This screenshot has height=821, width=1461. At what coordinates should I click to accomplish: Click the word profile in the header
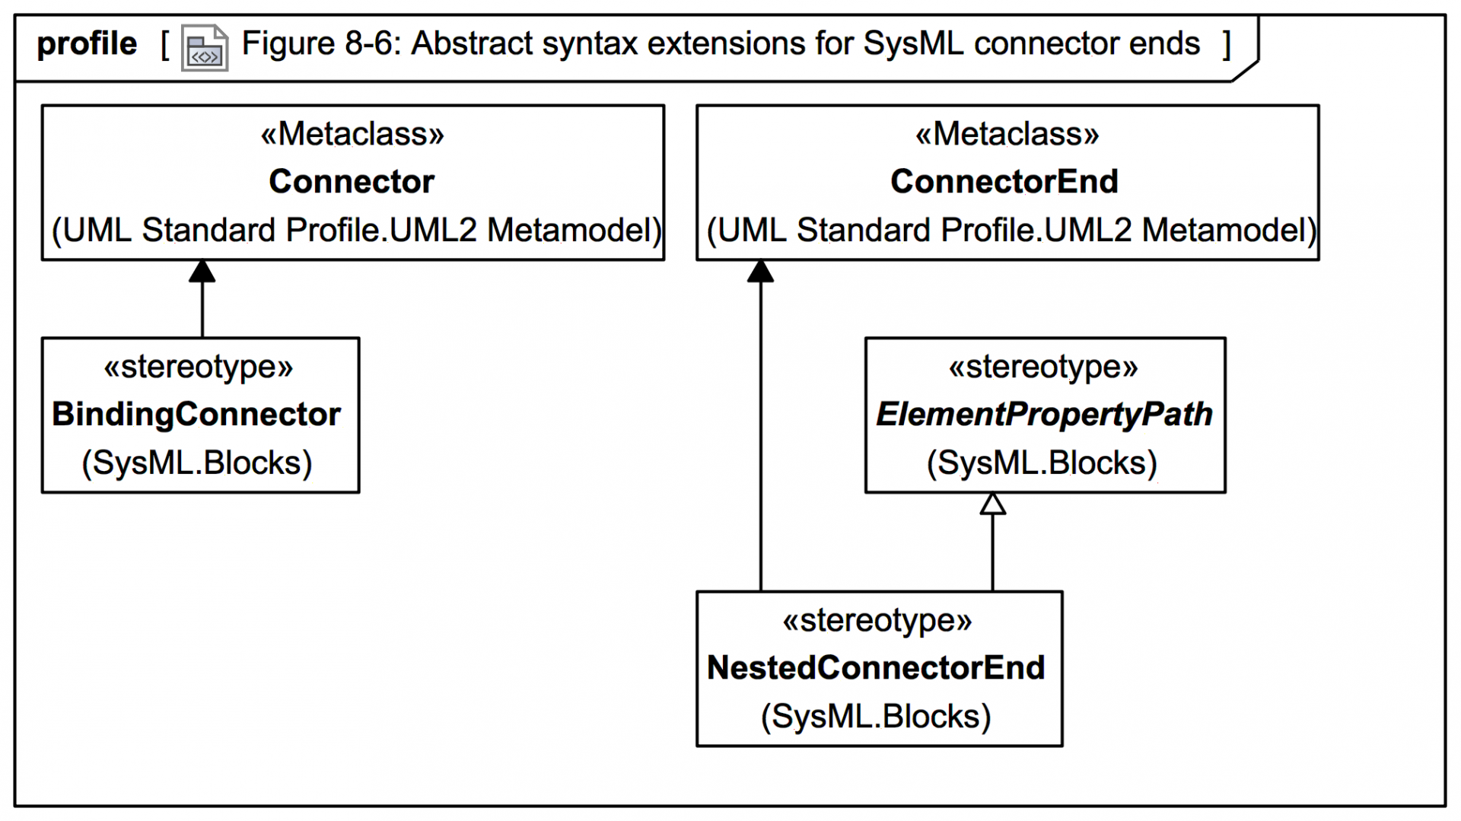(87, 44)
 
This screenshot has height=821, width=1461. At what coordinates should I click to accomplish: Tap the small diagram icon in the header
(204, 48)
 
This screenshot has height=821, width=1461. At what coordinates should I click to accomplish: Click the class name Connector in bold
(351, 182)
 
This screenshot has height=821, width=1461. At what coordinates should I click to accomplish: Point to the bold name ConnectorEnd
(1004, 182)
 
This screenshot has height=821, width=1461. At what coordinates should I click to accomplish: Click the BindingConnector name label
(196, 415)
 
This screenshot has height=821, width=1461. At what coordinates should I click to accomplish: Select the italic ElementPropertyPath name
(1044, 415)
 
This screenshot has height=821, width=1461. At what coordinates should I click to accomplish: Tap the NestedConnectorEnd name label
(876, 668)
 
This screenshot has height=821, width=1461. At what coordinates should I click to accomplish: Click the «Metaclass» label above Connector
(352, 134)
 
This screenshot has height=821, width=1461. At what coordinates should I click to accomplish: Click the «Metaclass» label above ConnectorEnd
(1007, 134)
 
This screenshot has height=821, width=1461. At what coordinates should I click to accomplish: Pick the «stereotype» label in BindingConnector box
(198, 367)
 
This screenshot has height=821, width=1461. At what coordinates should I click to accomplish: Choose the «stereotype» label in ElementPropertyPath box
(1042, 367)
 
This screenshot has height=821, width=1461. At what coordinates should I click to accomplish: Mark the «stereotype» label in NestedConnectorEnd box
(877, 620)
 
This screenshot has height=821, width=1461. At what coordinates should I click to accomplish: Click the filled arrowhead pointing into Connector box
(202, 272)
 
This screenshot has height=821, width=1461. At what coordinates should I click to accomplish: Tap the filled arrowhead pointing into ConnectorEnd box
(760, 272)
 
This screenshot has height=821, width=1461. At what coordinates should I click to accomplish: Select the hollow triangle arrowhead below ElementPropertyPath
(992, 504)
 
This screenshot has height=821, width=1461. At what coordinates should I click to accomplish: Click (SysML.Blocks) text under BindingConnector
(196, 463)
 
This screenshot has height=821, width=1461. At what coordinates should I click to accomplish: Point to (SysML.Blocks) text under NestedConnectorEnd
(876, 717)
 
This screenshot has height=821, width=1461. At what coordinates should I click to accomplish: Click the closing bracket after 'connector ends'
(1227, 44)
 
